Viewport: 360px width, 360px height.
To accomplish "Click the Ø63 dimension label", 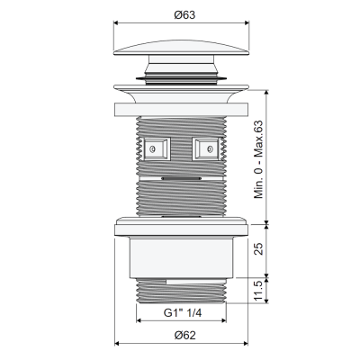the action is coord(184,14).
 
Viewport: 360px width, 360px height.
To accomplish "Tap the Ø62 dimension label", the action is coord(184,335).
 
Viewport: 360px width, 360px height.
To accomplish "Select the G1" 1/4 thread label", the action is coord(183,313).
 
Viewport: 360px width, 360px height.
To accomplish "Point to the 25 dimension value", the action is coord(258,248).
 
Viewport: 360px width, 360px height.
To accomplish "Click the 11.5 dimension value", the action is coord(258,291).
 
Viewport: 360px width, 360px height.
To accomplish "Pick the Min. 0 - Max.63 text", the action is coord(258,159).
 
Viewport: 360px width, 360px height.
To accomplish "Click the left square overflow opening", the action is coord(157,148).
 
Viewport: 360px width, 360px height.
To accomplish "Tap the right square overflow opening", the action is coord(205,148).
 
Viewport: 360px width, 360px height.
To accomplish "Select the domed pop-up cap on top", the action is coord(181,48).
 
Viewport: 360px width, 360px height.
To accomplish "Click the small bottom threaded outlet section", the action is coord(181,291).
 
